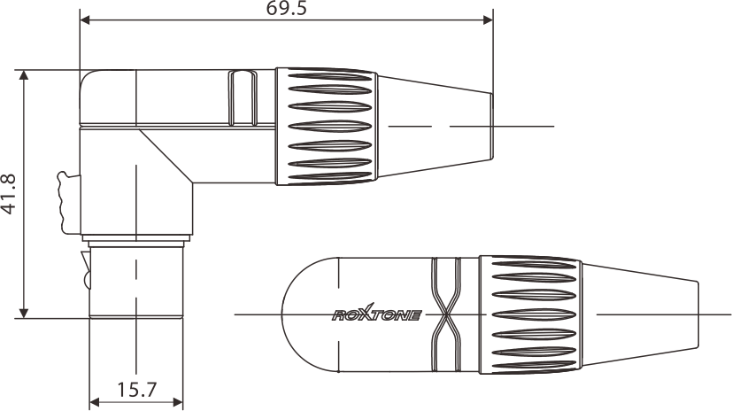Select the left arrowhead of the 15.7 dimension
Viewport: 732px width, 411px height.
95,400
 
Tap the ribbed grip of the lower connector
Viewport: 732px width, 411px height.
529,313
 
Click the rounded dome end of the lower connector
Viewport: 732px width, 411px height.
305,314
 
